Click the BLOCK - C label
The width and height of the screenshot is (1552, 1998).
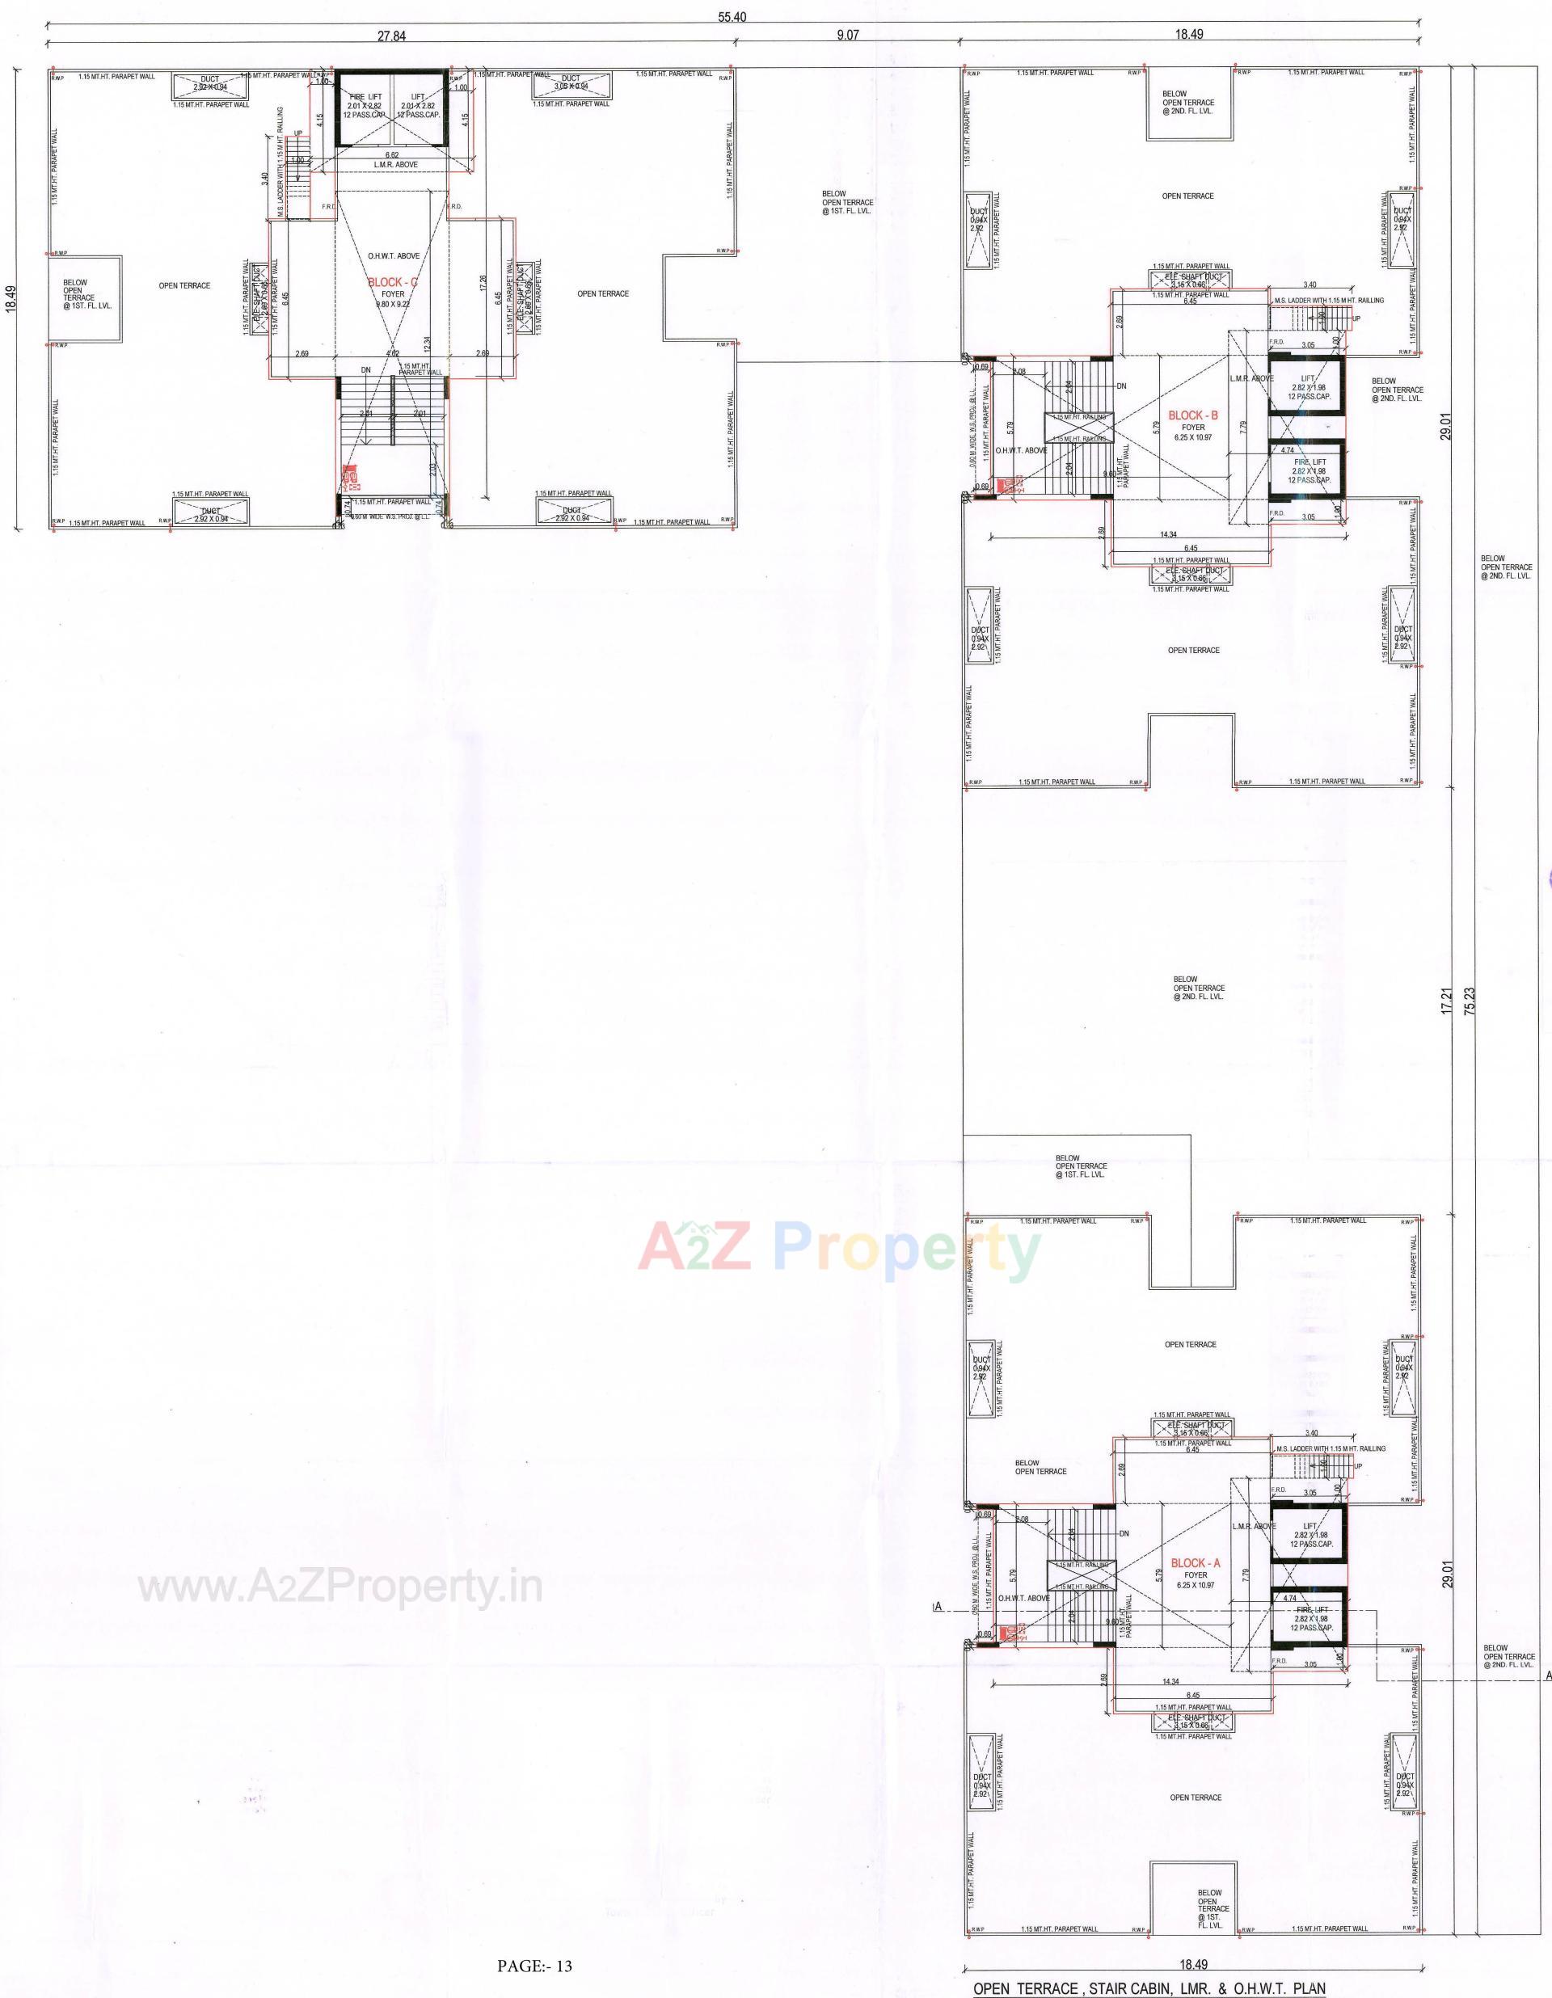pyautogui.click(x=393, y=283)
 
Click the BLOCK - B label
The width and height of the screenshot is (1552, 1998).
pyautogui.click(x=1193, y=415)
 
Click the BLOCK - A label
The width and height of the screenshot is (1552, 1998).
pyautogui.click(x=1195, y=1563)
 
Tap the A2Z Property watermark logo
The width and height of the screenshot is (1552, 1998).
pyautogui.click(x=839, y=1247)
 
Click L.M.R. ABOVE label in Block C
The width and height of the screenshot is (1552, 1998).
pyautogui.click(x=395, y=165)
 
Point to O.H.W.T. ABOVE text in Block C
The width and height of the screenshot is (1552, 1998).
pyautogui.click(x=394, y=256)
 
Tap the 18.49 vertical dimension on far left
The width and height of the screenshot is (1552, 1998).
pyautogui.click(x=11, y=299)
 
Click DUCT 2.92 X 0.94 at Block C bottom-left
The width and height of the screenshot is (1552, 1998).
pyautogui.click(x=210, y=514)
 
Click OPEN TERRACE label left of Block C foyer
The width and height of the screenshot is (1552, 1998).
pyautogui.click(x=185, y=285)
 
